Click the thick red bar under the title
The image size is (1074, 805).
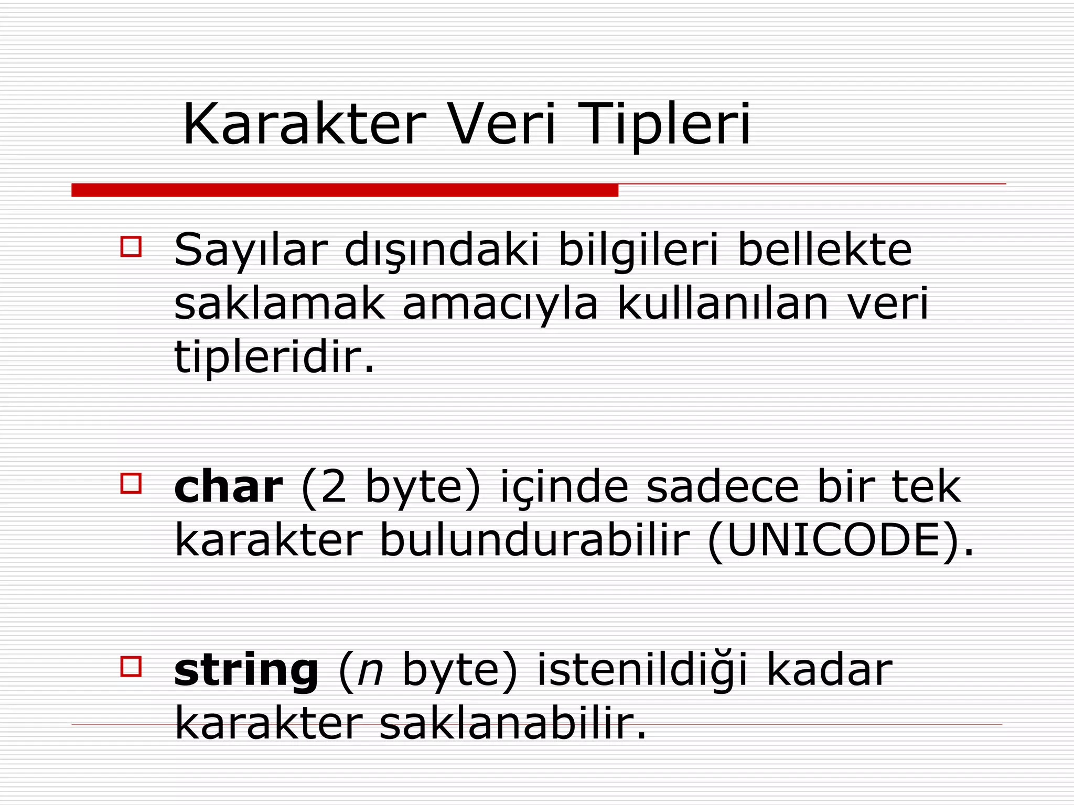click(x=345, y=190)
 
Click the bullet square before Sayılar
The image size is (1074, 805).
click(x=131, y=247)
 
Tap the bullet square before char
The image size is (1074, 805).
click(x=131, y=483)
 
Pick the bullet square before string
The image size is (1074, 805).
click(x=131, y=667)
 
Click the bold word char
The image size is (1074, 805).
click(x=229, y=487)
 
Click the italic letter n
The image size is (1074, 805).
click(x=370, y=672)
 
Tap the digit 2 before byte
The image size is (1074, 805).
click(x=334, y=487)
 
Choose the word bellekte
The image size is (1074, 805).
click(x=824, y=251)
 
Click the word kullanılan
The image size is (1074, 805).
click(x=723, y=304)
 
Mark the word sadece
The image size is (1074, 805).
click(x=722, y=487)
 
